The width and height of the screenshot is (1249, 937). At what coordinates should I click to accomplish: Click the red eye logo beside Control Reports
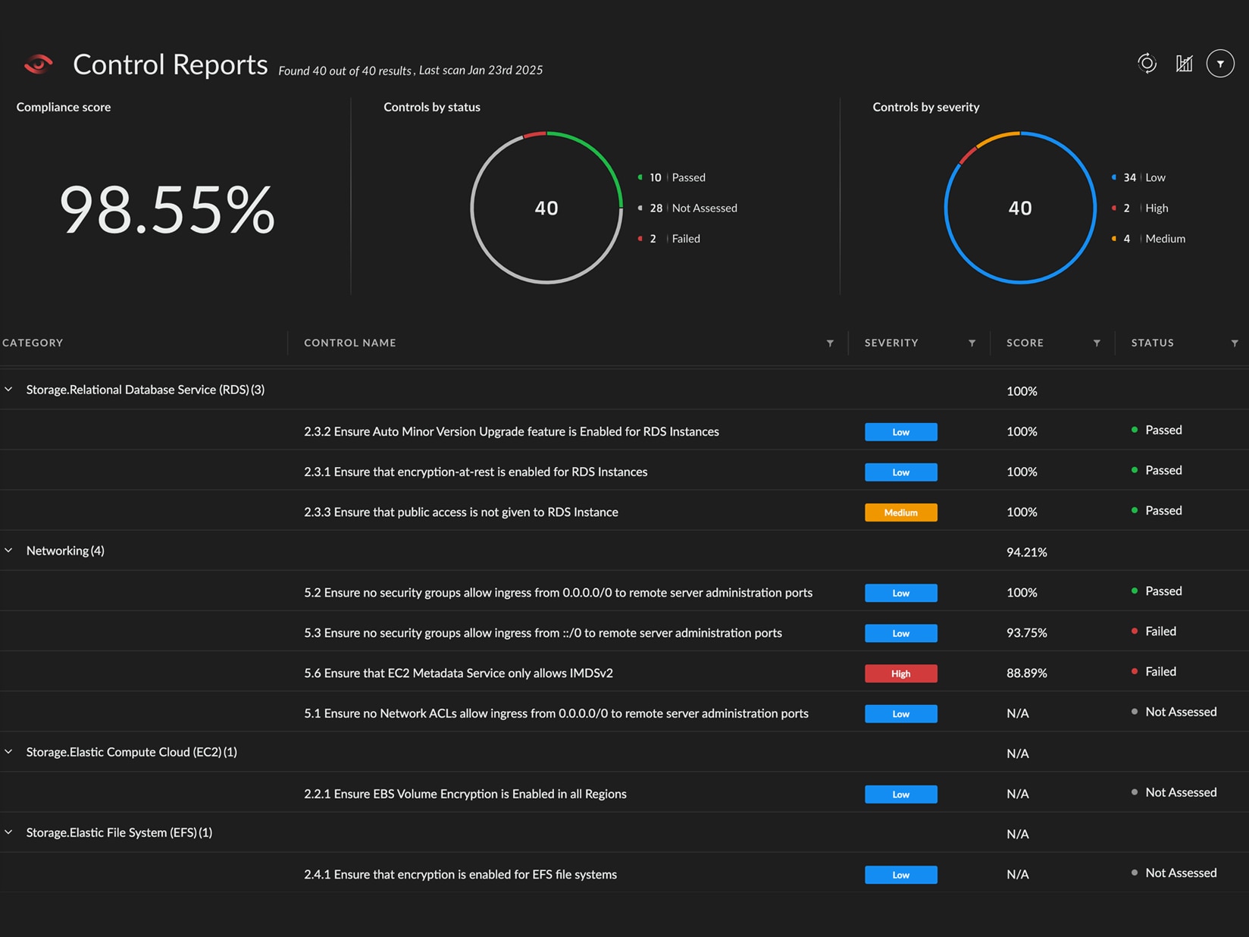[38, 64]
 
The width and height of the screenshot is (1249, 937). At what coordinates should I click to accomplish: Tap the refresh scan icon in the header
[1147, 64]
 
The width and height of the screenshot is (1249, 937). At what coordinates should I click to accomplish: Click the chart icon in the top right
[1184, 64]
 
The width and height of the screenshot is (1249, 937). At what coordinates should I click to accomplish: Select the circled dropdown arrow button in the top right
[1220, 64]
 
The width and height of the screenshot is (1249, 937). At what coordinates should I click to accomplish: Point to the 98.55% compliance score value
[167, 210]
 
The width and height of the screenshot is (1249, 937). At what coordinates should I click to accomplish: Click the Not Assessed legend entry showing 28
[693, 208]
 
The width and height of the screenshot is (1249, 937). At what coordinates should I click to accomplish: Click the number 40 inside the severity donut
[1020, 208]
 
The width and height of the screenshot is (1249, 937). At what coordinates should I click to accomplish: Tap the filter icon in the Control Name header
[830, 343]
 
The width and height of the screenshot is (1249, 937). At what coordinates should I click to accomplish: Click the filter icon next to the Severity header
[972, 343]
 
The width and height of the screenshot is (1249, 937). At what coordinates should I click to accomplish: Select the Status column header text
[1152, 343]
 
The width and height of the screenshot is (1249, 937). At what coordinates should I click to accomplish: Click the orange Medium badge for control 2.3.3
[900, 512]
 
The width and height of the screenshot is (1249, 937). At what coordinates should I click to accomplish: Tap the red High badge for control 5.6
[900, 673]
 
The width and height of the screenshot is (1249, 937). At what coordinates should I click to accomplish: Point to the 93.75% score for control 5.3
[1026, 633]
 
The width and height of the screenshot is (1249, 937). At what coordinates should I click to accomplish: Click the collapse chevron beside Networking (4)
[9, 550]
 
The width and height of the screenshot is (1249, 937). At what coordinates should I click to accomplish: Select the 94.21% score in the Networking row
[1026, 553]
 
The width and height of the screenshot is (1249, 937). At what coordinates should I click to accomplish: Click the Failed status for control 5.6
[1160, 672]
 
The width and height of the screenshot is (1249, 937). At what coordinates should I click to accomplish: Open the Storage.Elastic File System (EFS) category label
[118, 832]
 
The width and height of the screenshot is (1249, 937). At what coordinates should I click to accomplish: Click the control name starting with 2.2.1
[465, 794]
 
